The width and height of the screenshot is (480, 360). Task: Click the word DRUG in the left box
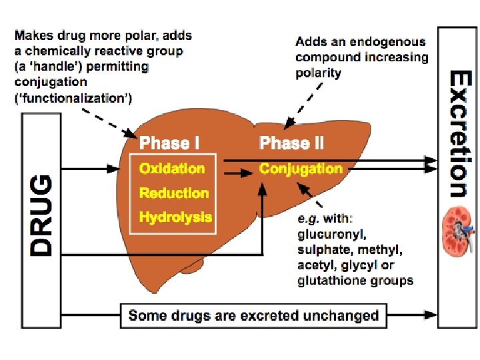point(42,215)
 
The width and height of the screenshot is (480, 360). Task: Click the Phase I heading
point(169,143)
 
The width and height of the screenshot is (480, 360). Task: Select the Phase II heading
point(291,143)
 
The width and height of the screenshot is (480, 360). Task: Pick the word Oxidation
point(171,169)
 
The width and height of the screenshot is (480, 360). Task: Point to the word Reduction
point(173,193)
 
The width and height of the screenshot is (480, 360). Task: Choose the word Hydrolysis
point(175,217)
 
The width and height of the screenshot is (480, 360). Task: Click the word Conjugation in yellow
point(301,169)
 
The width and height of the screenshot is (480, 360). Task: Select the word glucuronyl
point(331,234)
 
